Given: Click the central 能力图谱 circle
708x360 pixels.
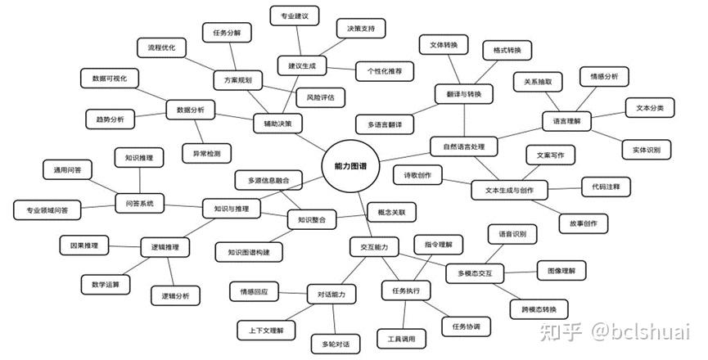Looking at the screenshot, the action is pyautogui.click(x=351, y=166).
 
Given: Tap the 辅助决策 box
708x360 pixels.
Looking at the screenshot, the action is pyautogui.click(x=277, y=124).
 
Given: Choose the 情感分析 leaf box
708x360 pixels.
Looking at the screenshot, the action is pyautogui.click(x=604, y=77).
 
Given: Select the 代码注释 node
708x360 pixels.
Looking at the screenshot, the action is pyautogui.click(x=606, y=187).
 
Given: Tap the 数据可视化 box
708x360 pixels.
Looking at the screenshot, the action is pyautogui.click(x=110, y=78).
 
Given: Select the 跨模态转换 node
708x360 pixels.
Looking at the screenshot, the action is pyautogui.click(x=539, y=310).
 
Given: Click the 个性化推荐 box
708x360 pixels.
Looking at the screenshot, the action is pyautogui.click(x=385, y=71).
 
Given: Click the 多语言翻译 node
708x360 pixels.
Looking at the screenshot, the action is pyautogui.click(x=385, y=124).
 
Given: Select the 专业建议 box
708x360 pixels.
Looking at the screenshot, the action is pyautogui.click(x=295, y=16).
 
